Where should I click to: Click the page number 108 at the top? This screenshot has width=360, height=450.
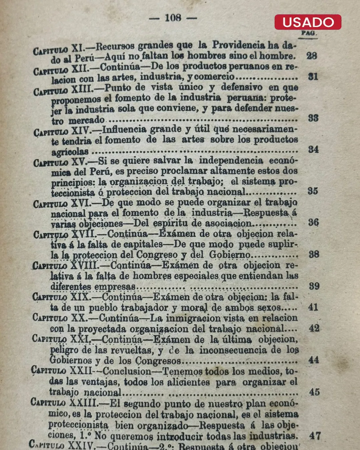pos(173,18)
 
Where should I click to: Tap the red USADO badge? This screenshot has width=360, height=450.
pos(308,22)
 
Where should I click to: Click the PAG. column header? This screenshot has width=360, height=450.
pos(309,33)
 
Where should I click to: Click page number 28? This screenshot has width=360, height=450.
pos(311,56)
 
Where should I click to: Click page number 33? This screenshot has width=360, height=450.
pos(313,118)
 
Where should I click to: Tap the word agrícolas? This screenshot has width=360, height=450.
pos(70,152)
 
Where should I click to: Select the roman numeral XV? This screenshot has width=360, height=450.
pos(79,161)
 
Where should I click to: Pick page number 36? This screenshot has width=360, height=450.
pos(313,222)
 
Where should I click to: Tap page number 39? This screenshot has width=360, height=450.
pos(314,286)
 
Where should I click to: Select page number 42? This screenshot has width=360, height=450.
pos(314,328)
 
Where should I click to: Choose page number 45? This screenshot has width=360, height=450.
pos(314,392)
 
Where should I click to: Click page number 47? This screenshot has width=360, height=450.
pos(315,435)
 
